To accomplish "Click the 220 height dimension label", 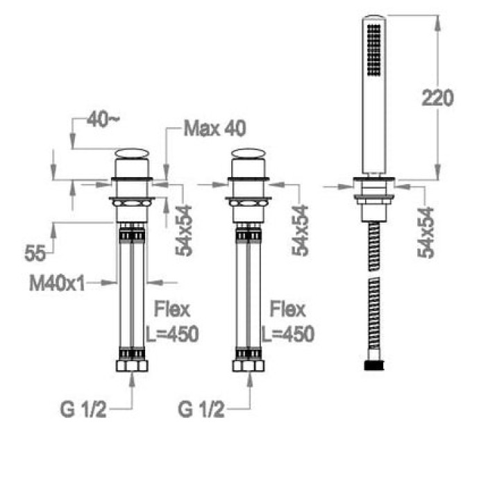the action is tap(437, 98).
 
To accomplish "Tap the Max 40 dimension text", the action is tap(215, 128).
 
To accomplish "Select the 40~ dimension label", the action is tap(103, 119).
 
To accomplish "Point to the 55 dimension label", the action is tap(35, 253).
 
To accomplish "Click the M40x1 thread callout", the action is tap(57, 283).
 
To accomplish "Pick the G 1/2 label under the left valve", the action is tap(83, 410).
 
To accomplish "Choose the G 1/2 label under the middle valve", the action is tap(201, 410).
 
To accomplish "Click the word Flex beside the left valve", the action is tap(172, 309).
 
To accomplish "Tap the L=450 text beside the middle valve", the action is tap(288, 334).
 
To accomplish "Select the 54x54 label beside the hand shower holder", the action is tap(426, 233).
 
